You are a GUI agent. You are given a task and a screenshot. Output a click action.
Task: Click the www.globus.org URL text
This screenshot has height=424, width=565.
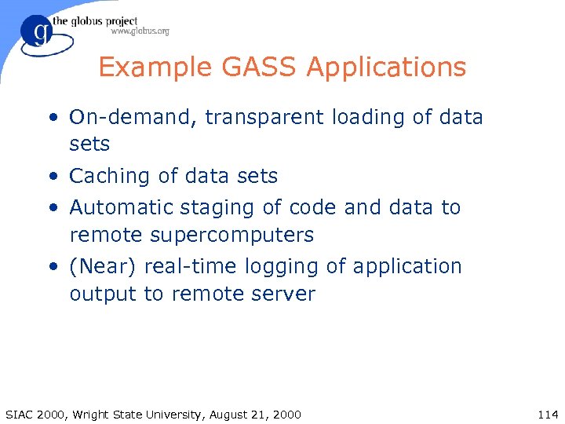coord(140,31)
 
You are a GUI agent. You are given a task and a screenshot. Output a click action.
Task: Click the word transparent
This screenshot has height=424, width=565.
coord(264,118)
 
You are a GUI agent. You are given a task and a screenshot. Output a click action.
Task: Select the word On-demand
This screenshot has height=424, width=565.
coord(133,118)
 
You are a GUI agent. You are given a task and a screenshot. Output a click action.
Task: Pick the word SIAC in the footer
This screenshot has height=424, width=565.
coord(20,414)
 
